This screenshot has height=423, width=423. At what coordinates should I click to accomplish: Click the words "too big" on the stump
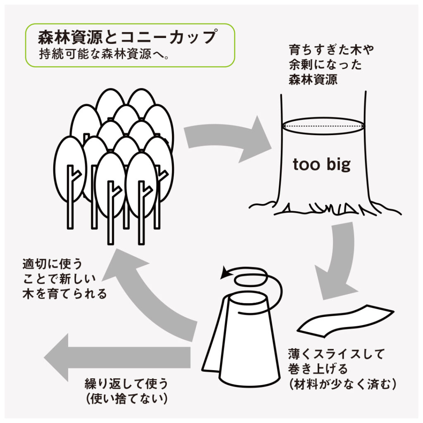coord(321,165)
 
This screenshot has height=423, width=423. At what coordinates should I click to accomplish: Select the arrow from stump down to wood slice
coord(337,264)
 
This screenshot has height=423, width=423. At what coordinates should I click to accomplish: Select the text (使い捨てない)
coord(126,399)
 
